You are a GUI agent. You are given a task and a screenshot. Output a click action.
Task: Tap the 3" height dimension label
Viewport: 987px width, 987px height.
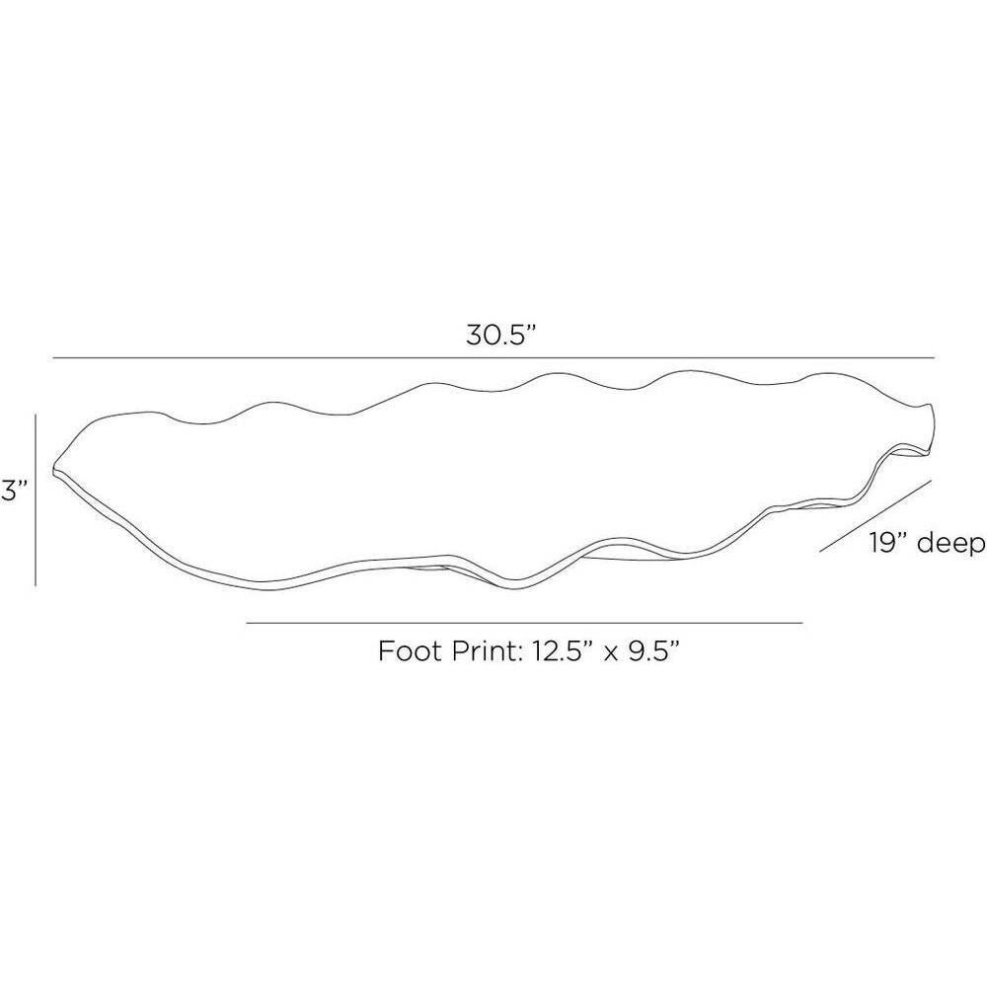click(14, 491)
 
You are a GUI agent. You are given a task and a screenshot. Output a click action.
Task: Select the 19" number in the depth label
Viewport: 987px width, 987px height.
click(890, 542)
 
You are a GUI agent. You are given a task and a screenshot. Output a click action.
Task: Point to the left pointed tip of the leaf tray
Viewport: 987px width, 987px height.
click(53, 469)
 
